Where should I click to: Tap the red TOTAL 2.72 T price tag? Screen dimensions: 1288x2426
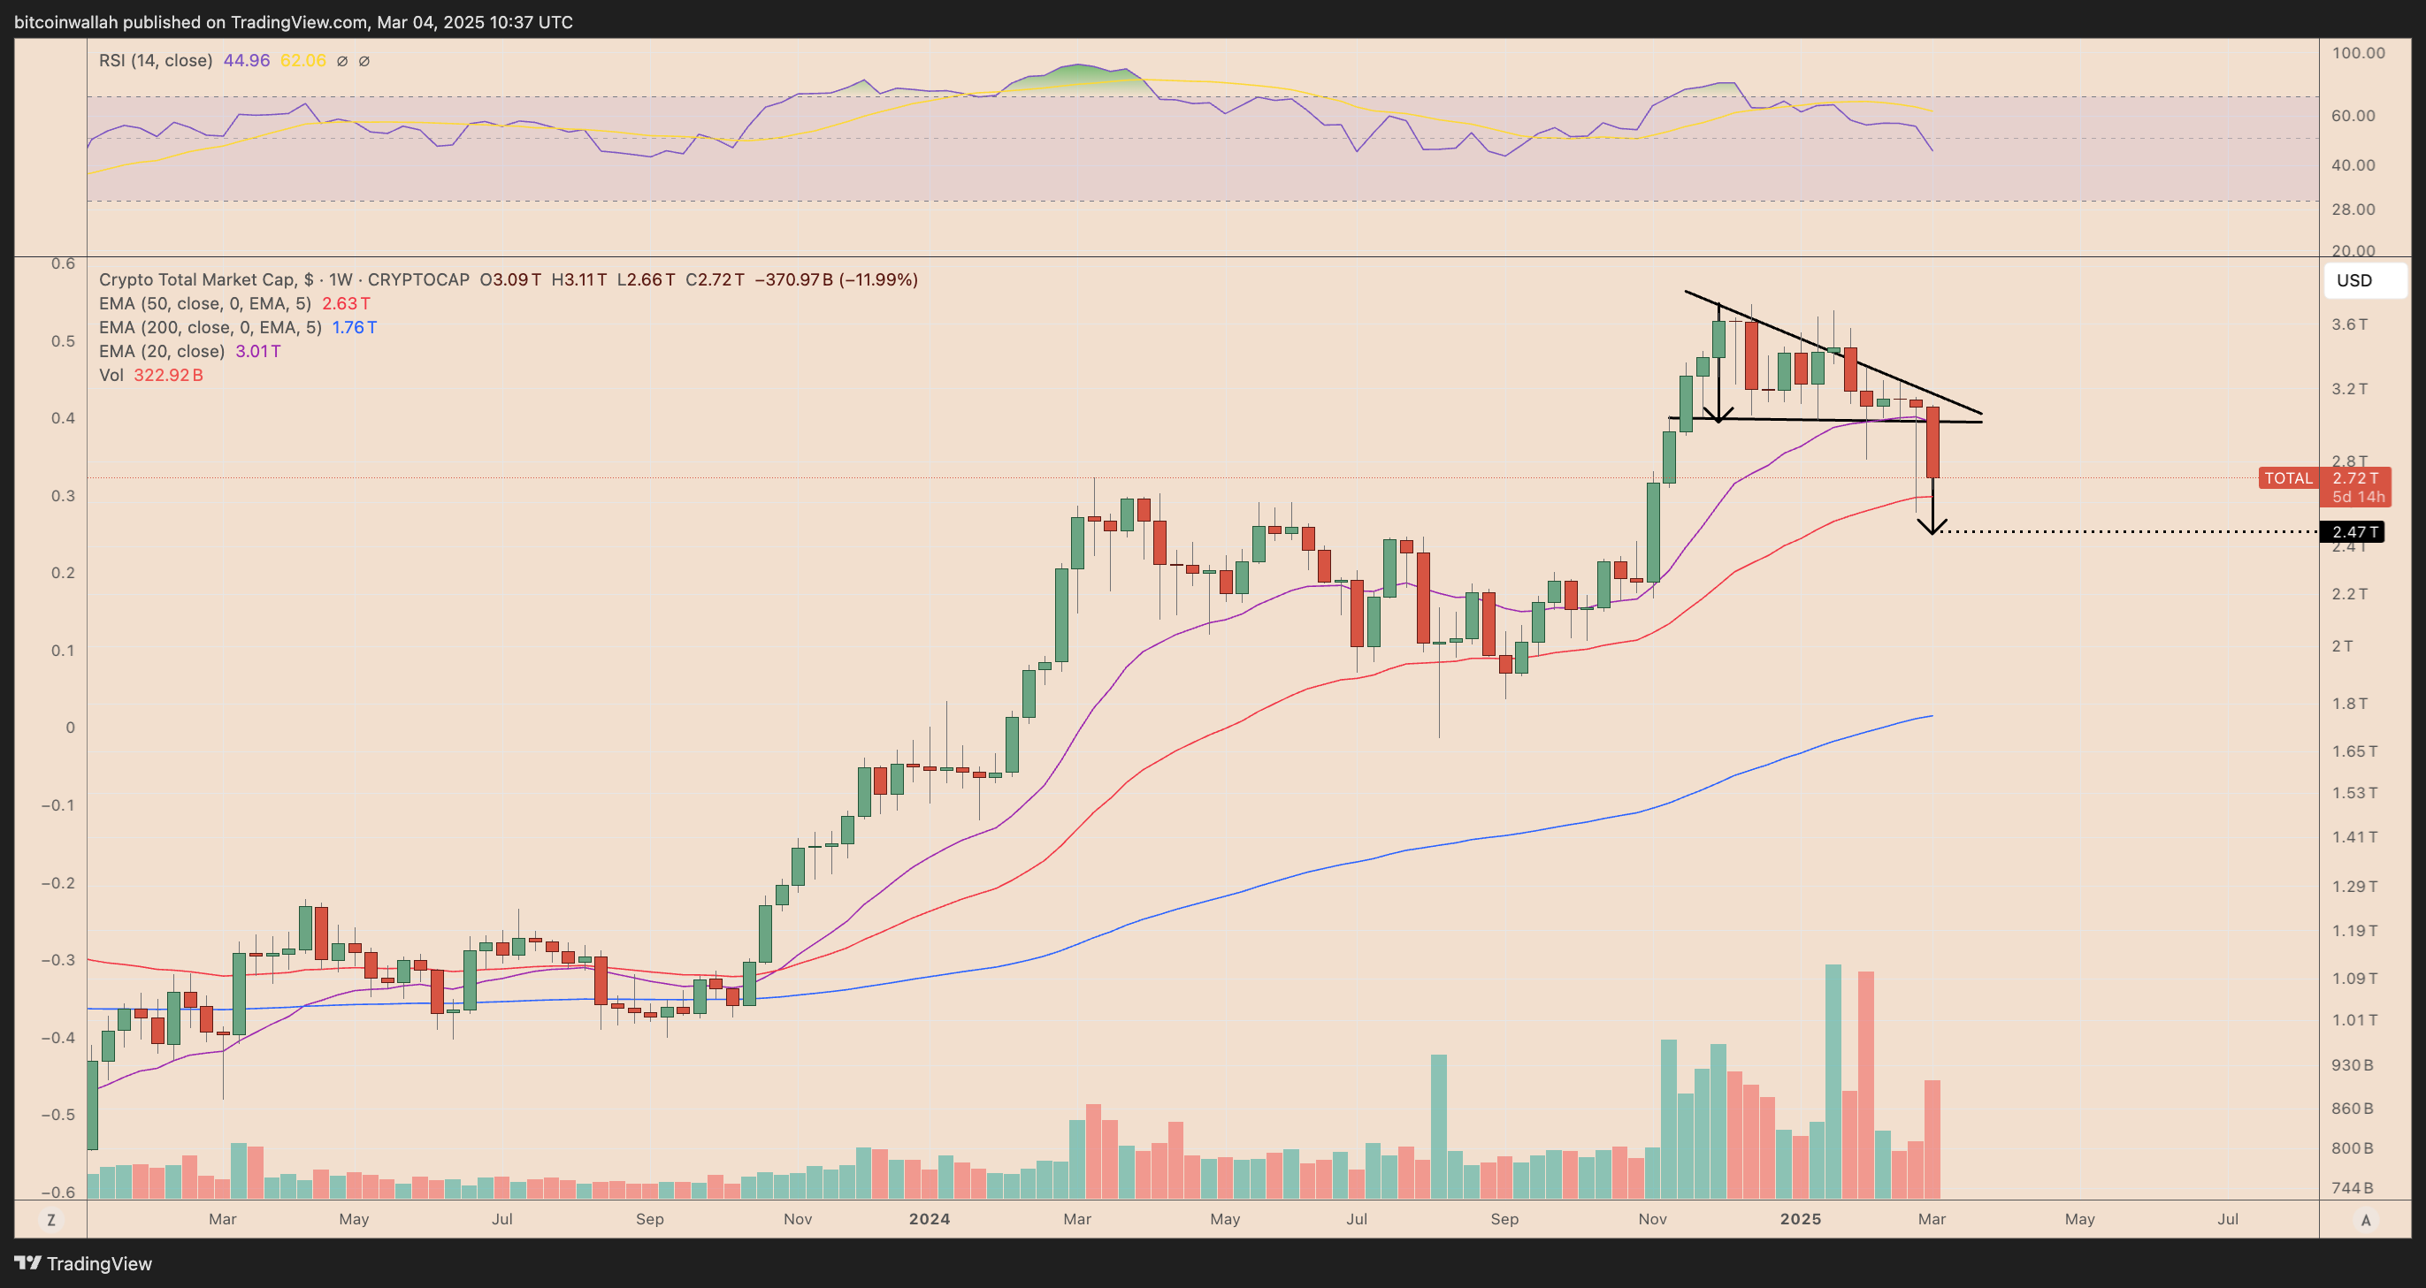click(x=2323, y=478)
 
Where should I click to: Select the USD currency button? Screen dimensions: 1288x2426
click(x=2354, y=280)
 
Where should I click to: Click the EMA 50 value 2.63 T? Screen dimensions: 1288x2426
click(x=346, y=303)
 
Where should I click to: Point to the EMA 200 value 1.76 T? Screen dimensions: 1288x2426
click(x=354, y=327)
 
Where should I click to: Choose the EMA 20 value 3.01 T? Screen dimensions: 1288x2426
click(x=257, y=351)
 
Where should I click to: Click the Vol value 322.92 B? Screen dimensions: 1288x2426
click(x=168, y=375)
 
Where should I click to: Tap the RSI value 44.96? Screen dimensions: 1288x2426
click(x=246, y=60)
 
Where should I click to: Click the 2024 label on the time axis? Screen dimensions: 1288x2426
click(x=929, y=1218)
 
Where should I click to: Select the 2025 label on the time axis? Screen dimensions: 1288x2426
click(x=1800, y=1218)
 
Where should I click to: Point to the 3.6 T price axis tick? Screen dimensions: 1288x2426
click(x=2349, y=324)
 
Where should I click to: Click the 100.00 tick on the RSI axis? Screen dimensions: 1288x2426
click(x=2358, y=53)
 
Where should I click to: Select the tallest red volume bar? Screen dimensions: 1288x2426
click(x=1865, y=1085)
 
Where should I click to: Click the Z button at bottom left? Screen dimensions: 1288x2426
click(x=51, y=1219)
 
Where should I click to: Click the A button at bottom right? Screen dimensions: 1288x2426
click(x=2365, y=1219)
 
